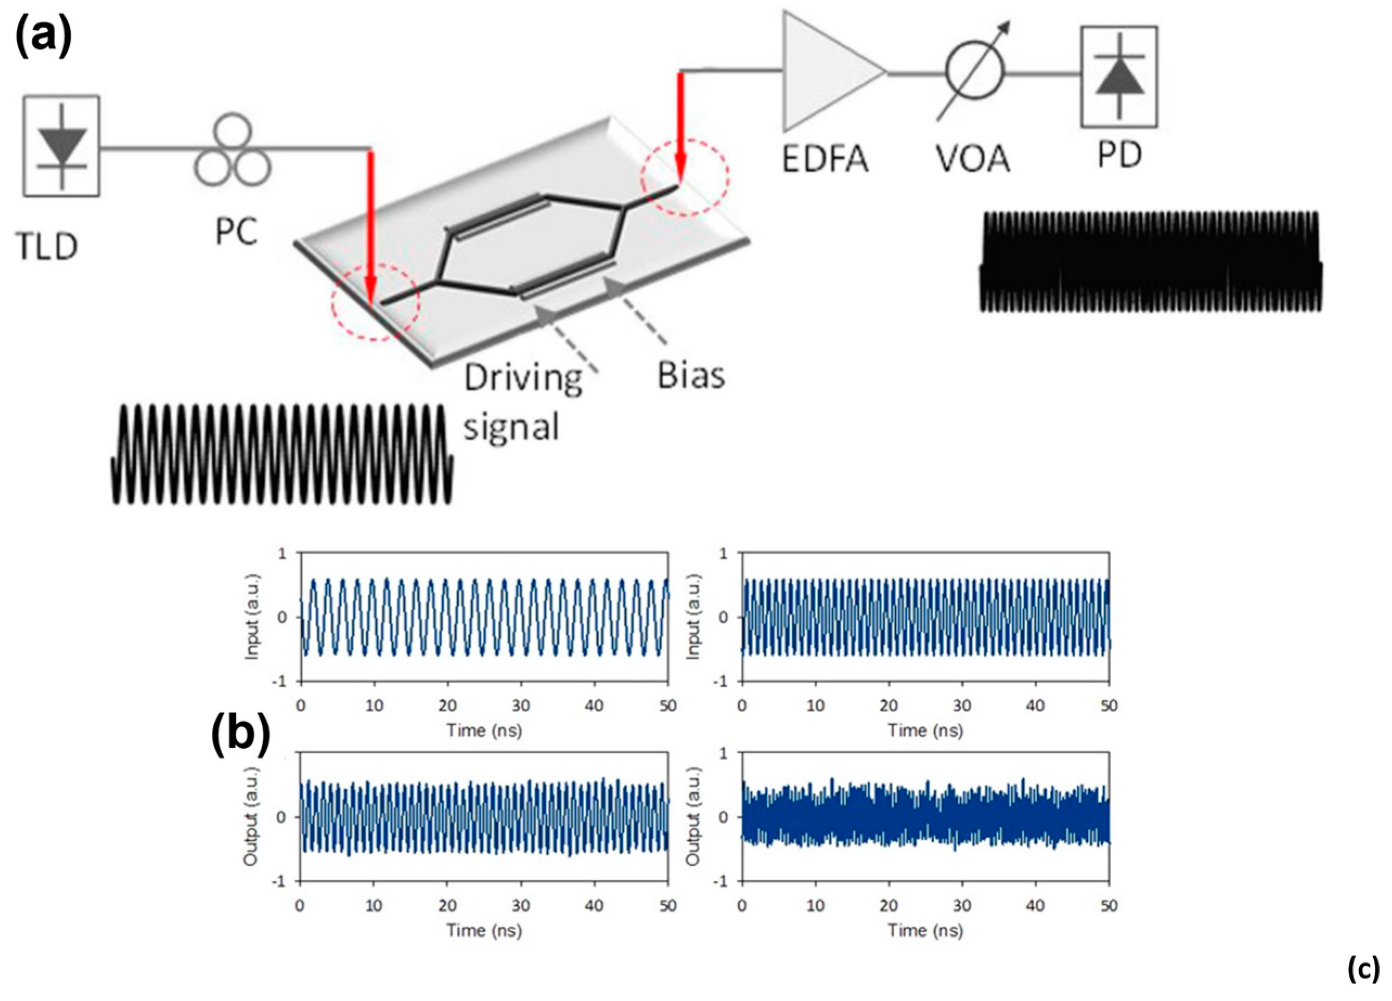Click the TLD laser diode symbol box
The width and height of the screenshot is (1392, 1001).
pyautogui.click(x=61, y=146)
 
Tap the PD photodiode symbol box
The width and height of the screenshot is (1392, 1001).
pyautogui.click(x=1119, y=77)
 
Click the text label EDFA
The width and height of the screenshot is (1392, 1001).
pyautogui.click(x=825, y=158)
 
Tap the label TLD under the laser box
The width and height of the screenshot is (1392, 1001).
pyautogui.click(x=47, y=247)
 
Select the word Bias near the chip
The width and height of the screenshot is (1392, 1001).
pyautogui.click(x=690, y=375)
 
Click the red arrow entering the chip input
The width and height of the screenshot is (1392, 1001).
pyautogui.click(x=370, y=227)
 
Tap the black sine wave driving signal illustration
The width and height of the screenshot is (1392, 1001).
pyautogui.click(x=282, y=454)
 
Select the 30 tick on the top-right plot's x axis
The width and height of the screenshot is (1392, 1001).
pyautogui.click(x=962, y=706)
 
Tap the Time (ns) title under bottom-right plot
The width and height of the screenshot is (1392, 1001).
pyautogui.click(x=925, y=931)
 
